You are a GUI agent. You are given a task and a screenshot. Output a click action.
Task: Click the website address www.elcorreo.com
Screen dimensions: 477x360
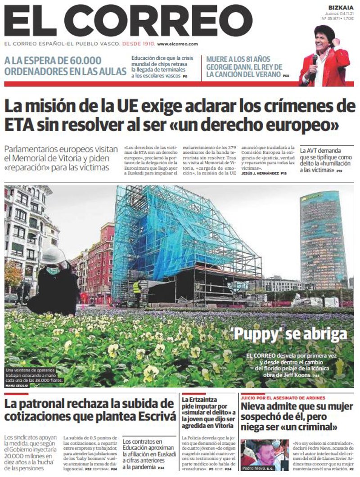tap(177, 44)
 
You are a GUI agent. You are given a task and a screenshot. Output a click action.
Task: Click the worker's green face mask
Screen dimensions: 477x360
tap(53, 270)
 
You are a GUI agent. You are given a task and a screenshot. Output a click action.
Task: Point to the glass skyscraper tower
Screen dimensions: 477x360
tap(323, 238)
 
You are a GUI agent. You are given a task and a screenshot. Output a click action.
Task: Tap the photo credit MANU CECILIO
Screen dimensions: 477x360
tap(17, 386)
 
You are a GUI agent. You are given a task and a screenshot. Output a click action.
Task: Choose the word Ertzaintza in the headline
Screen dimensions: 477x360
tap(206, 399)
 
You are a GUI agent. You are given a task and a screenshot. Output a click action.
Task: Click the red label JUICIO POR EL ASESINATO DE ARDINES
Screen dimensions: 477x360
tap(277, 398)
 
